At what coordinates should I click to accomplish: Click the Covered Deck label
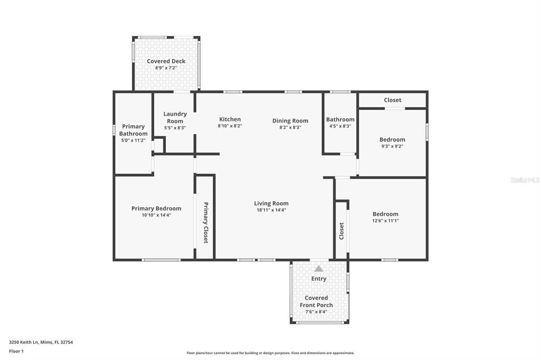(166, 61)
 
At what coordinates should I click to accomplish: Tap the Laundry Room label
(175, 117)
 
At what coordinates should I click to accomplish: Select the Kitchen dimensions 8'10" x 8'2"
(230, 126)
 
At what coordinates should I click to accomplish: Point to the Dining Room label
(290, 120)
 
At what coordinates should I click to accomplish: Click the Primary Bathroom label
(133, 130)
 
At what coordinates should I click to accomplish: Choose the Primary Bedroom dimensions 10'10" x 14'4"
(156, 215)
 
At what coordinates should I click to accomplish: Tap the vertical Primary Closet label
(206, 222)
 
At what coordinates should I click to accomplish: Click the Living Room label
(271, 203)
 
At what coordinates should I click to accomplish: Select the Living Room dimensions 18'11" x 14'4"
(271, 210)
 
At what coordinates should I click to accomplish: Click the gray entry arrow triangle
(319, 269)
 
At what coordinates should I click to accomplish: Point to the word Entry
(319, 279)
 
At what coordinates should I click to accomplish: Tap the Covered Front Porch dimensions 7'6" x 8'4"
(316, 312)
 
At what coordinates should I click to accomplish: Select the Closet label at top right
(392, 100)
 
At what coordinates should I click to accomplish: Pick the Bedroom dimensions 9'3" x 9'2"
(392, 146)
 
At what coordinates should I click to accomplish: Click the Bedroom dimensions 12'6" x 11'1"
(385, 221)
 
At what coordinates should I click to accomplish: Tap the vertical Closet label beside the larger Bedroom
(341, 231)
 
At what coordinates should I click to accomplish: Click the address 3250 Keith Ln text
(41, 342)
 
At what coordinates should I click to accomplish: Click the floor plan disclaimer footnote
(270, 353)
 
